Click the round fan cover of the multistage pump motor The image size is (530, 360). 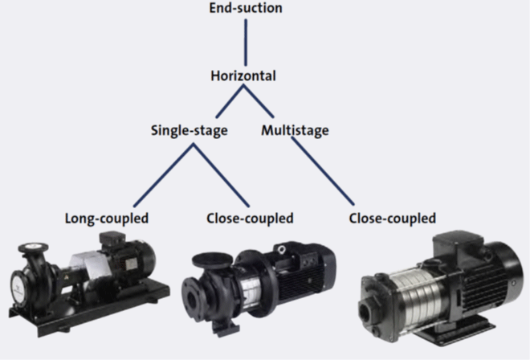[502, 281]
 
